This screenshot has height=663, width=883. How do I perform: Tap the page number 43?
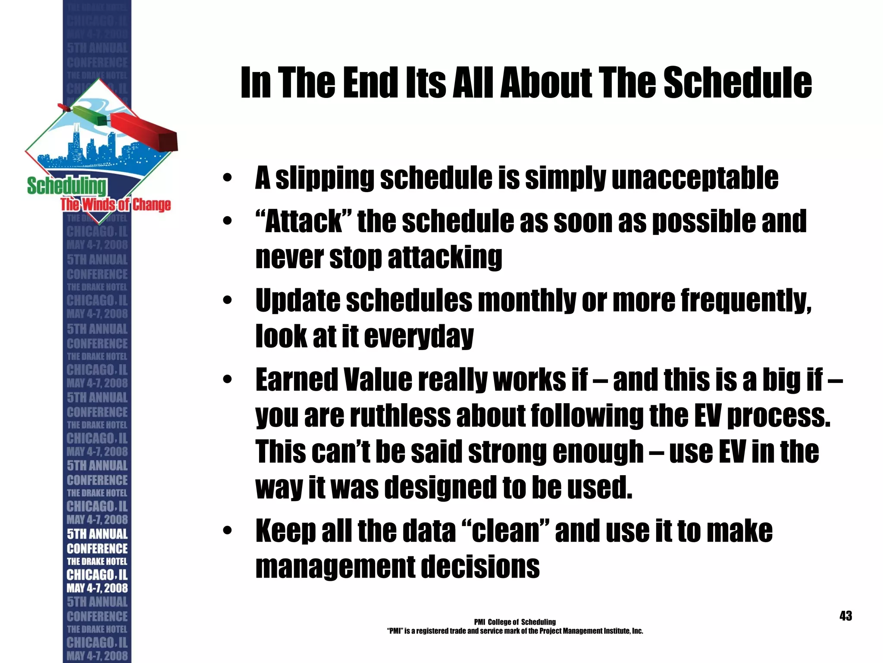click(845, 616)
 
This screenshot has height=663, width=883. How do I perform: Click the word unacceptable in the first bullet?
click(695, 178)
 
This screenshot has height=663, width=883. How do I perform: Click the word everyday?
click(419, 337)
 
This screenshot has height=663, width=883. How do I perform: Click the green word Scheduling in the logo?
click(66, 186)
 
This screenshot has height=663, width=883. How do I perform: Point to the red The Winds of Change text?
click(116, 204)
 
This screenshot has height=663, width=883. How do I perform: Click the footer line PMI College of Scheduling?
click(514, 622)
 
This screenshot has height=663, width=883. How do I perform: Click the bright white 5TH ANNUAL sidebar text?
click(97, 534)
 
